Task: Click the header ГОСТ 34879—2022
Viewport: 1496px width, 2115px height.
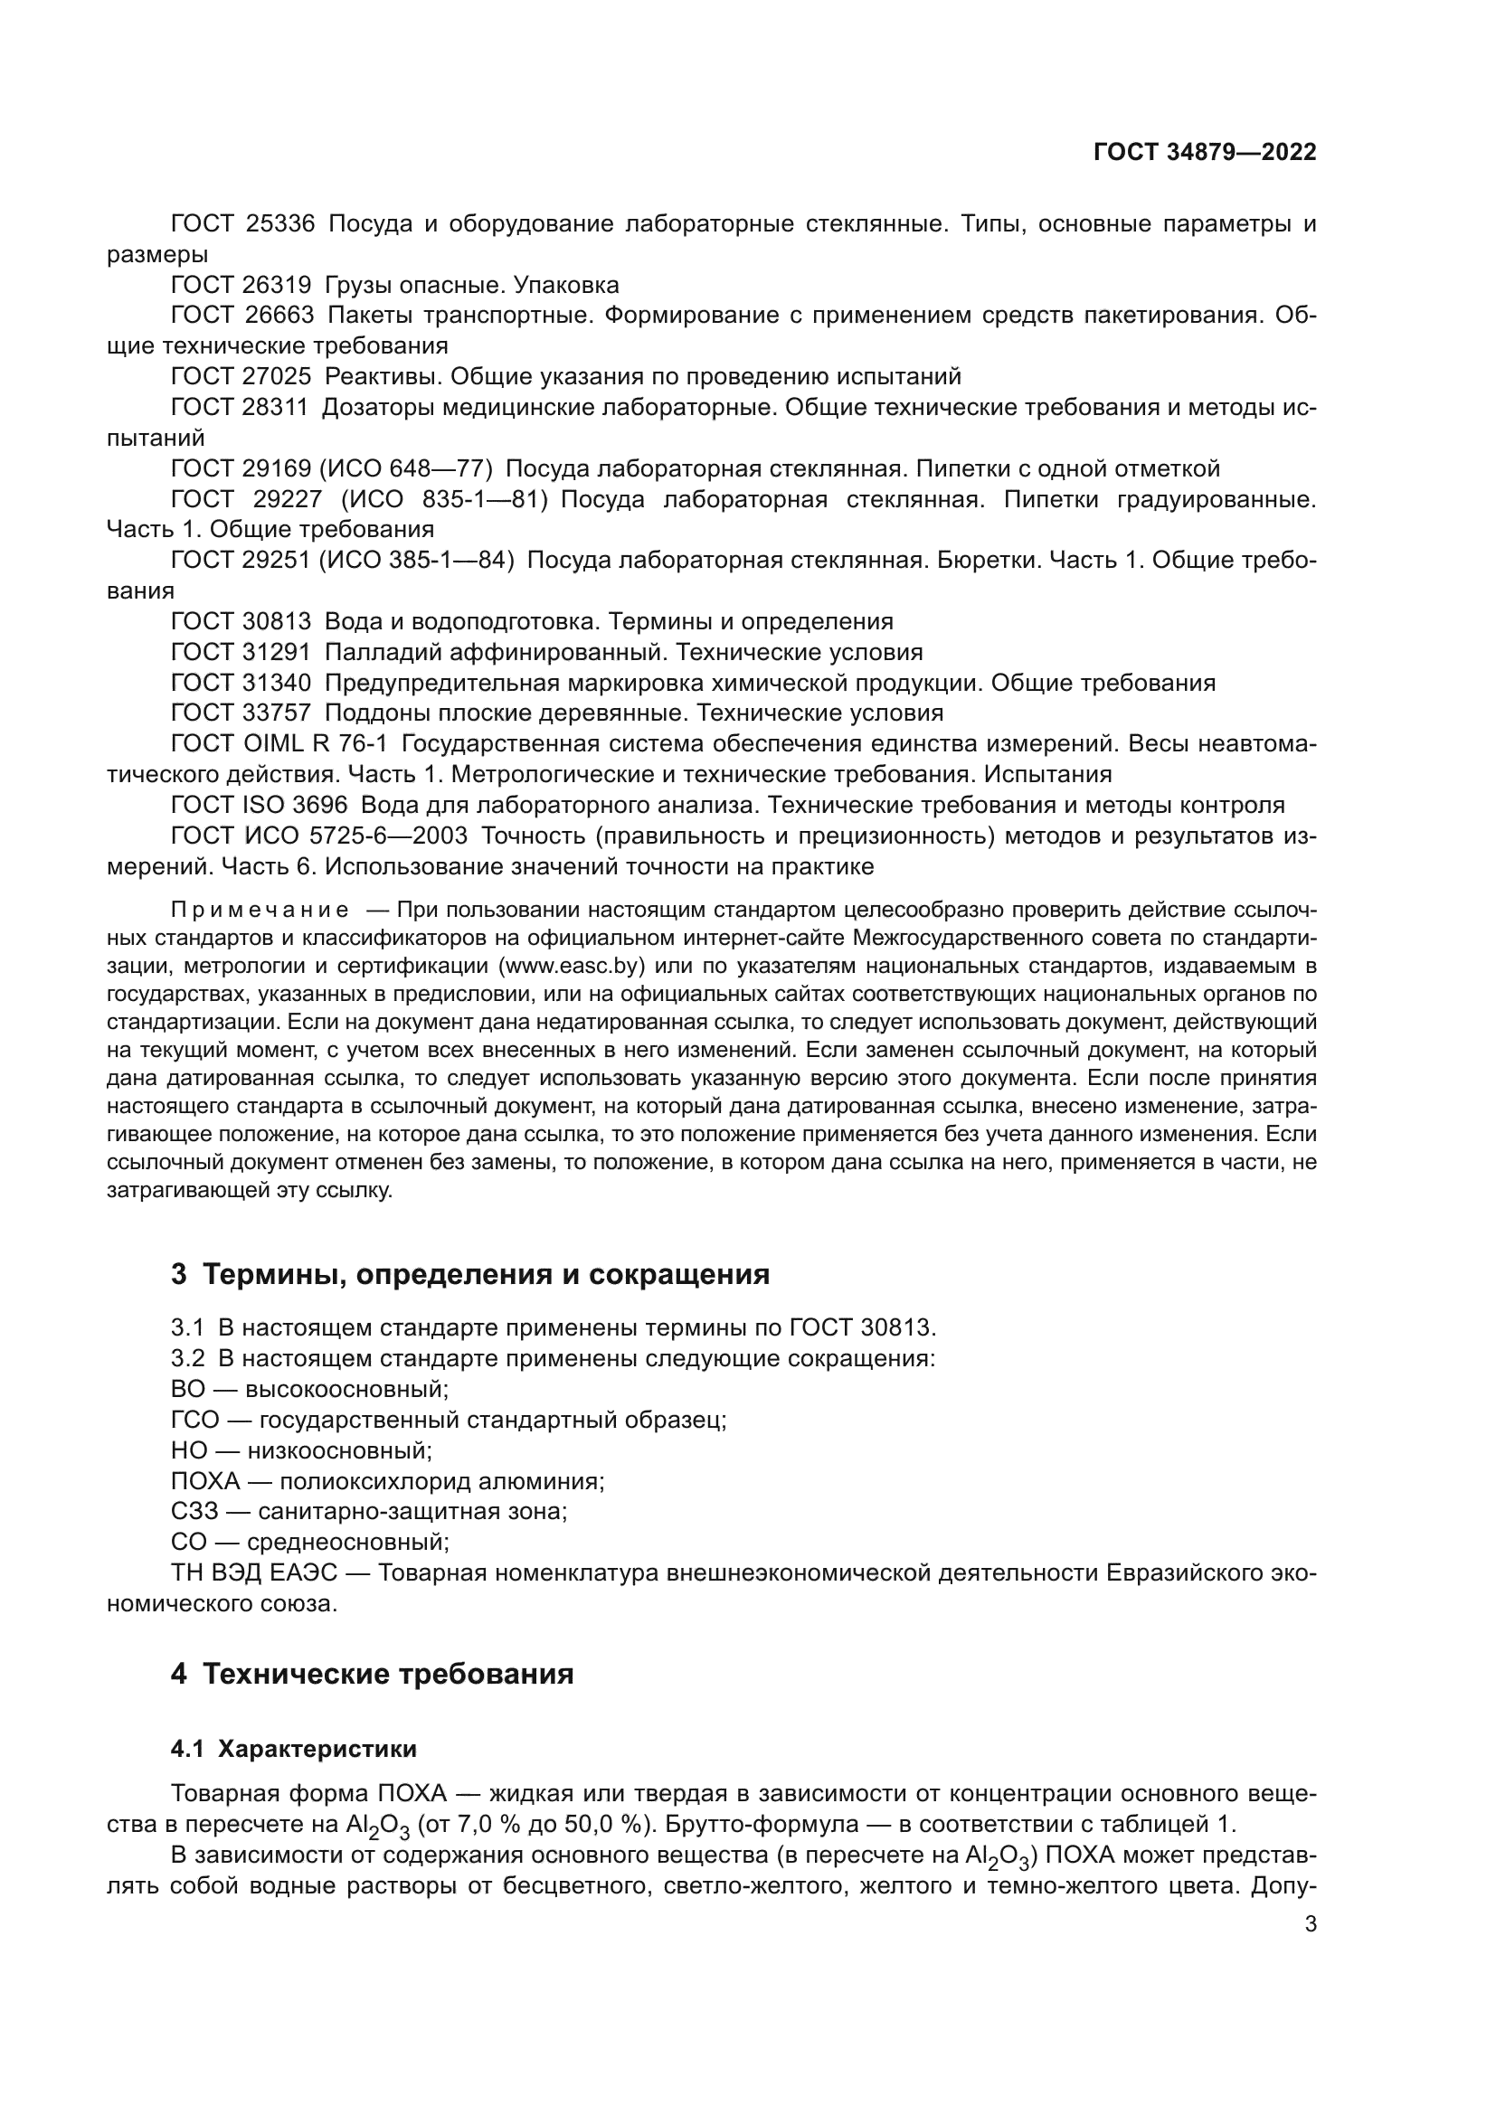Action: [1204, 153]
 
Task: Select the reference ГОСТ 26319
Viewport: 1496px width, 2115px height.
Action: [241, 285]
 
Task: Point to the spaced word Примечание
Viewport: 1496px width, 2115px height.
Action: [260, 911]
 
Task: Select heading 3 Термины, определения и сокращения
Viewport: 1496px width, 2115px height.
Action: [469, 1274]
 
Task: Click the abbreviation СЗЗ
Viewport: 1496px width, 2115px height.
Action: [194, 1512]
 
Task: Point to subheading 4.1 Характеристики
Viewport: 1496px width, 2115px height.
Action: [293, 1749]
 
